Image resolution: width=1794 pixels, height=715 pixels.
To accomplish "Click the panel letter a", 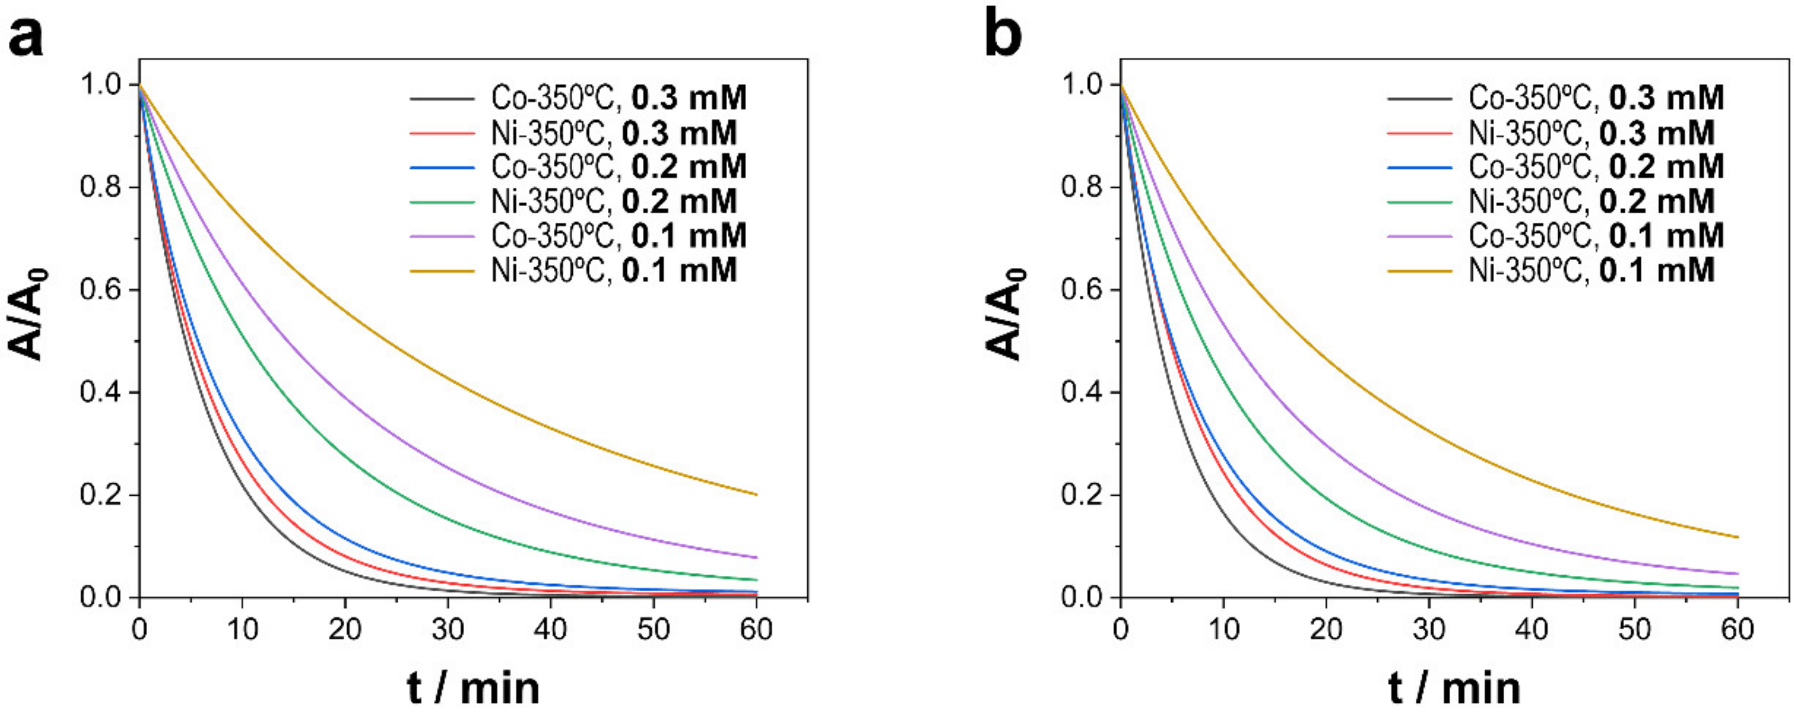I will [x=25, y=36].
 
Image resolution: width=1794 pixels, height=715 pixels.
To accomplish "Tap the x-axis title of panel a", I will [x=473, y=688].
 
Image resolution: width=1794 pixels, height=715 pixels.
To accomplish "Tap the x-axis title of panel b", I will [x=1454, y=688].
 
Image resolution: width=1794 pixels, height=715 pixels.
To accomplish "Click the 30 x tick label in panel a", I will [x=448, y=630].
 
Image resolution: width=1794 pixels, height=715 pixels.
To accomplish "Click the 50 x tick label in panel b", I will [x=1634, y=630].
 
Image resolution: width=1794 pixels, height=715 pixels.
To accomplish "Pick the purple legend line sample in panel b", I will [x=1420, y=237].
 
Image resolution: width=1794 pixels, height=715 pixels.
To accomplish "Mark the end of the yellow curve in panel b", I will [x=1737, y=537].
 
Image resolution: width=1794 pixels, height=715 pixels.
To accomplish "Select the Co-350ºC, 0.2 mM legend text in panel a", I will [x=618, y=167].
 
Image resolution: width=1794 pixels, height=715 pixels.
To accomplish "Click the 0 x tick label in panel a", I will [x=139, y=630].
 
